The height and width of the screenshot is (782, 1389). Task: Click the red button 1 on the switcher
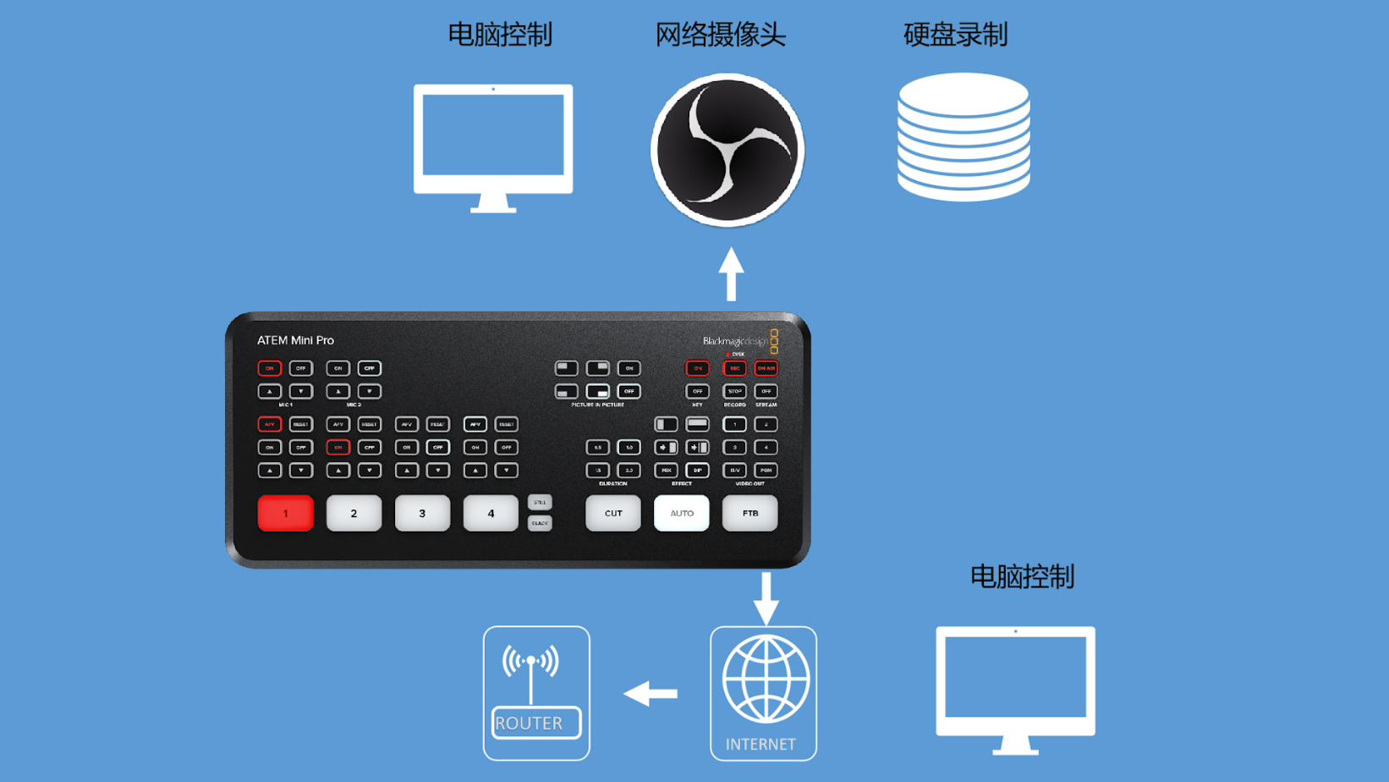pos(285,514)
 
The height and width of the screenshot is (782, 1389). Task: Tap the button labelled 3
pos(422,514)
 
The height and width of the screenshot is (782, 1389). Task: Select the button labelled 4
pos(491,514)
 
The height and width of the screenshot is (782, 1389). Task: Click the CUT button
pos(613,514)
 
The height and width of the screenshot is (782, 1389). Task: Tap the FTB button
pos(750,514)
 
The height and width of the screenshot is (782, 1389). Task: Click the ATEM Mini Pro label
pos(295,340)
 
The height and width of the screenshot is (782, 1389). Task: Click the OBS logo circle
pos(727,151)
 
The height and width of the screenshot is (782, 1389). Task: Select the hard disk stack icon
pos(964,137)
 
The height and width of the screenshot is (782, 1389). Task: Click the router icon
pos(536,693)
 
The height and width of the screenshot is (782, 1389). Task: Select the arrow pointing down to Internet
pos(766,598)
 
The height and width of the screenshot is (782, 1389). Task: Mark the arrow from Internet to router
pos(651,694)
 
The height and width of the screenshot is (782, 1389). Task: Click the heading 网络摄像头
pos(720,35)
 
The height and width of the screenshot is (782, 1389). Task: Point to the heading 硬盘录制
pos(955,35)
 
